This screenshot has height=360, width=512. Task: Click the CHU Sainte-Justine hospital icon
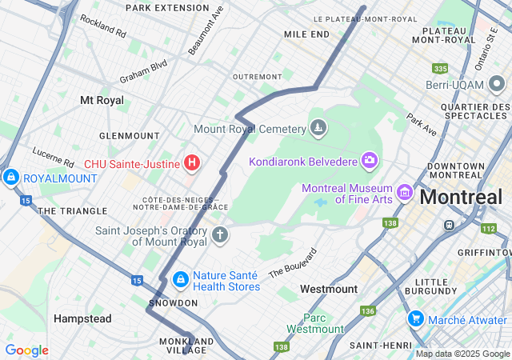click(191, 163)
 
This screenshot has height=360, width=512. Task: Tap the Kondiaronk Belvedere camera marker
click(369, 161)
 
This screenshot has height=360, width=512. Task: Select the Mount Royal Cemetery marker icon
click(318, 128)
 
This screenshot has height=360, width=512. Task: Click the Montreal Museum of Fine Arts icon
click(405, 193)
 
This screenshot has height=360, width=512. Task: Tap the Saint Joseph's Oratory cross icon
click(219, 235)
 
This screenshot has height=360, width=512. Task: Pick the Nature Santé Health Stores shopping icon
click(181, 279)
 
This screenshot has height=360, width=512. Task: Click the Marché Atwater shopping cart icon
click(415, 319)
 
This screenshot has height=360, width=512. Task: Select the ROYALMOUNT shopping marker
click(10, 177)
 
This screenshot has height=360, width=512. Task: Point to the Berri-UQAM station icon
click(497, 83)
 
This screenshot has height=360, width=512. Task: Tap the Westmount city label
click(329, 288)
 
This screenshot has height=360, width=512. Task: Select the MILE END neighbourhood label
click(306, 34)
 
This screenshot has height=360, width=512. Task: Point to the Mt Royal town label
click(102, 100)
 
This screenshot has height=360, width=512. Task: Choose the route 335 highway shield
click(439, 69)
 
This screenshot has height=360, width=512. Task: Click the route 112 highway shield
click(488, 229)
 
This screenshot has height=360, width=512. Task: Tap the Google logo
click(26, 350)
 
